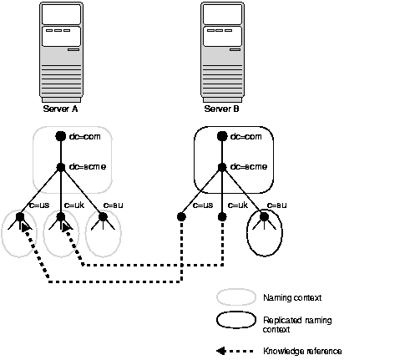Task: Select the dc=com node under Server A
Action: point(60,136)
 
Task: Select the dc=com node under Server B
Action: point(222,136)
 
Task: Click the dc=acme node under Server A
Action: point(60,166)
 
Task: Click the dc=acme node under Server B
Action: point(222,166)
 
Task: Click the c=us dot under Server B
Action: point(181,217)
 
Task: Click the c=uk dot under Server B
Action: point(222,217)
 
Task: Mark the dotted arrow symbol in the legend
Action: point(235,351)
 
